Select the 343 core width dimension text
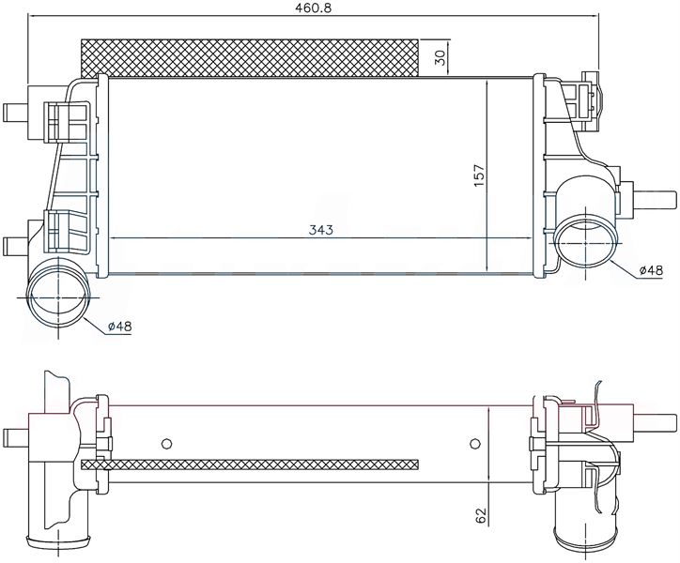pos(321,230)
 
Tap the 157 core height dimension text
pos(479,175)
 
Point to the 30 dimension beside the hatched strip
pos(440,57)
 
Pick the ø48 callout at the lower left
pos(119,326)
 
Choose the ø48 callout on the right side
pos(651,270)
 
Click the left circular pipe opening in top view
pos(58,298)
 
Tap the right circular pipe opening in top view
pos(586,243)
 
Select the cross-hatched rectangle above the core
pos(250,58)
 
